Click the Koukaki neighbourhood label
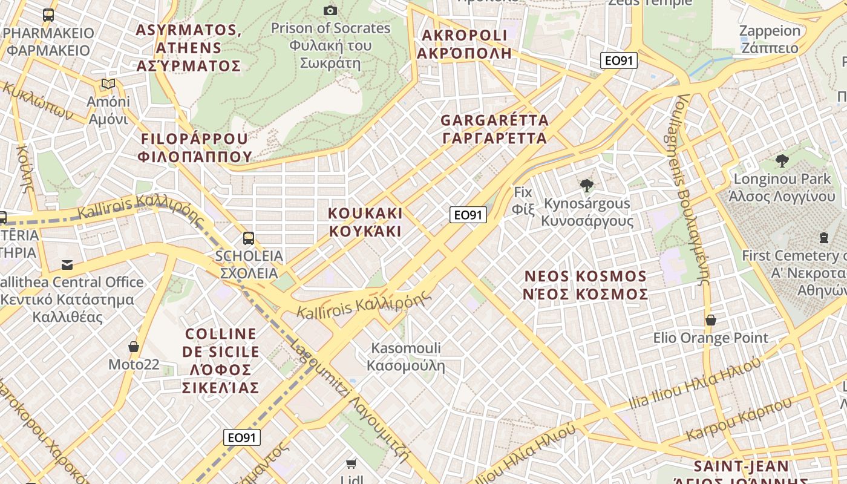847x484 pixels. point(365,222)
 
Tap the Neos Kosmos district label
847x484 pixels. point(586,285)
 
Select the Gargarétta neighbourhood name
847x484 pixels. point(495,129)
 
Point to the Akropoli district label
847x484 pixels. point(465,44)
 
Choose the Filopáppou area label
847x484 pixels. point(194,148)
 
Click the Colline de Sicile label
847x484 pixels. point(221,361)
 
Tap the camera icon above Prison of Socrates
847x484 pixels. point(330,10)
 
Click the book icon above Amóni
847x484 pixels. point(108,84)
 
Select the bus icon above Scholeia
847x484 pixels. point(249,238)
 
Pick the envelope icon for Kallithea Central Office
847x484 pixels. point(67,265)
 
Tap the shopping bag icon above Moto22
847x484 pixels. point(134,347)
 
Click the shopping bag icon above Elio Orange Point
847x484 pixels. point(711,320)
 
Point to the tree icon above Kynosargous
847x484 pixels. point(586,185)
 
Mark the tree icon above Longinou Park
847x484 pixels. point(782,161)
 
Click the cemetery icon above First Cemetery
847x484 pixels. point(823,238)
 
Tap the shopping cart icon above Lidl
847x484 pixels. point(351,464)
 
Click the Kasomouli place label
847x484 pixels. point(406,356)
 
